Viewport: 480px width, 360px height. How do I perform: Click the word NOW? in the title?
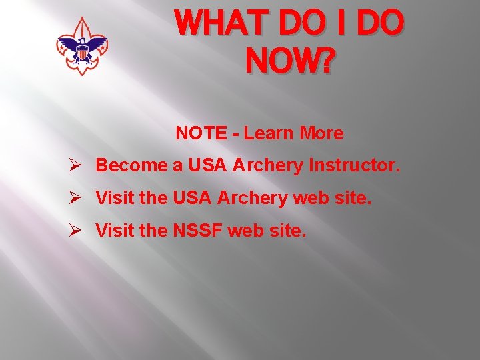[290, 61]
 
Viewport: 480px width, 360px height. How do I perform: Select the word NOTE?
[201, 133]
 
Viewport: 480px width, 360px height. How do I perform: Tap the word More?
[321, 133]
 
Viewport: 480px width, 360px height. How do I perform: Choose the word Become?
[131, 165]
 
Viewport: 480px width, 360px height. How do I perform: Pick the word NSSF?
[198, 231]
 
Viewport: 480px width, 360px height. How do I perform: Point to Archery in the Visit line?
[249, 198]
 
